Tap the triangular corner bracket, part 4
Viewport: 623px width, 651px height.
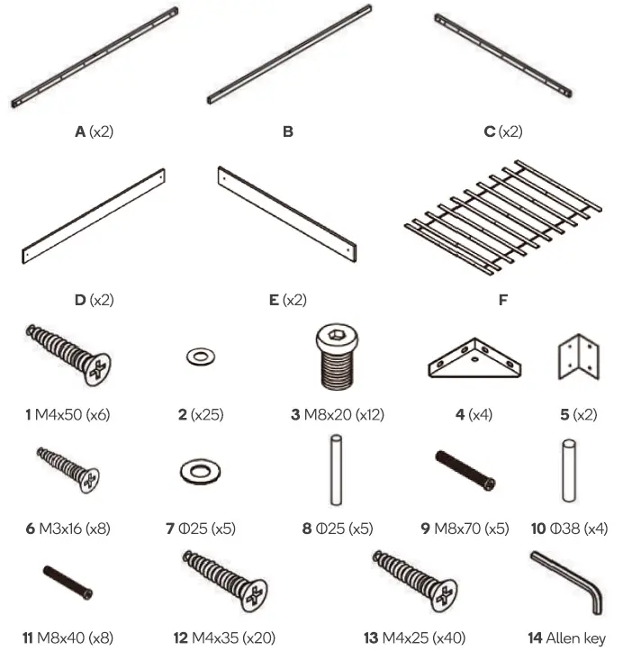click(473, 360)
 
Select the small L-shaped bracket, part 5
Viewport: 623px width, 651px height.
click(576, 360)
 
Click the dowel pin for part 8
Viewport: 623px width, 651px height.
click(337, 469)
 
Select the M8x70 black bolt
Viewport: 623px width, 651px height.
click(465, 471)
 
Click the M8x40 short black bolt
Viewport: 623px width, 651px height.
click(68, 581)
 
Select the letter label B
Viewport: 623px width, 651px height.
click(287, 131)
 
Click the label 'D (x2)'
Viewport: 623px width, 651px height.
click(94, 300)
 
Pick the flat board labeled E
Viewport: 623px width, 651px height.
click(287, 213)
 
